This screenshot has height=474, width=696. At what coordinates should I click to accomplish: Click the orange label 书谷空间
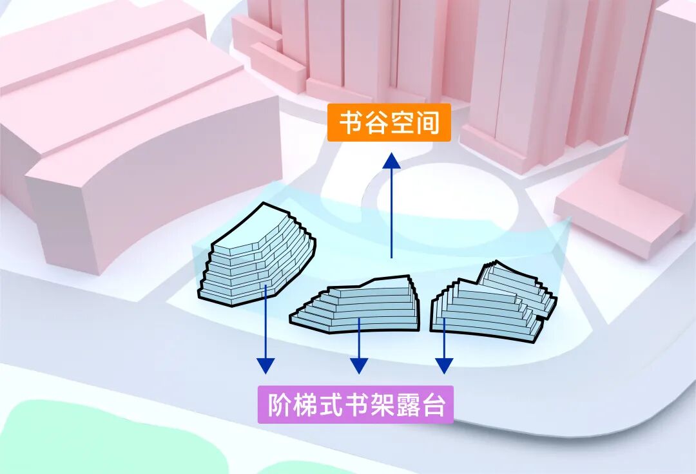click(389, 123)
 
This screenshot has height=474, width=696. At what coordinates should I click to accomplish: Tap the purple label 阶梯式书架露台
click(355, 405)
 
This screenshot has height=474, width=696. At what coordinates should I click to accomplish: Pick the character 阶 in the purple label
click(280, 405)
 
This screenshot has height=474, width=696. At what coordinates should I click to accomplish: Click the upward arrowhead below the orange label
click(391, 162)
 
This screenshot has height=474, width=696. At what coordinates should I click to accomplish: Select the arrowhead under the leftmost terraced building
click(266, 365)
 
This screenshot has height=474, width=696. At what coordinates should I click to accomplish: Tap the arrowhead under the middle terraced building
click(359, 365)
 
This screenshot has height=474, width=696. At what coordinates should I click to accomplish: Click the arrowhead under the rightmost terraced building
click(443, 365)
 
